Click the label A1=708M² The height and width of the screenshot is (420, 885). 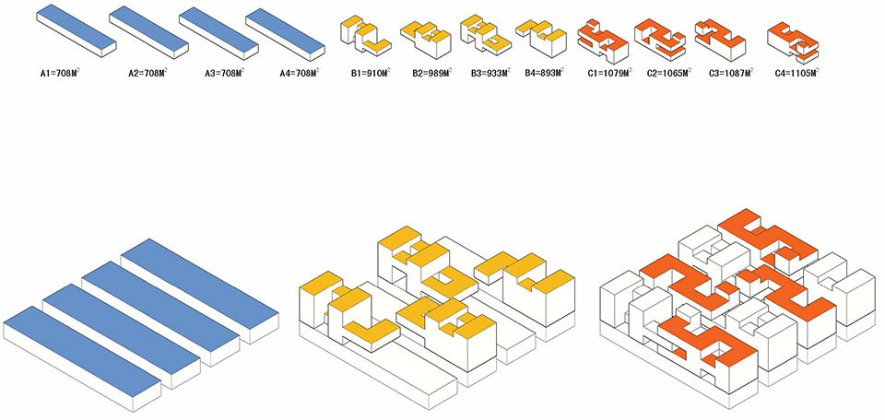pos(60,73)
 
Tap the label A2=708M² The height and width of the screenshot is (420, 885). pos(147,73)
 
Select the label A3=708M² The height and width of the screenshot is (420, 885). pos(225,73)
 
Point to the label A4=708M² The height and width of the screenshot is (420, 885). pos(300,73)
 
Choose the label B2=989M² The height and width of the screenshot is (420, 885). pos(431,73)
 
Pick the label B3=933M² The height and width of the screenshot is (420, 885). pos(490,73)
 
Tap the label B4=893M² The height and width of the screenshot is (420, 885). pos(544,73)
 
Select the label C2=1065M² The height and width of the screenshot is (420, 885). pos(669,73)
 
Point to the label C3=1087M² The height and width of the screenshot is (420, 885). pos(731,73)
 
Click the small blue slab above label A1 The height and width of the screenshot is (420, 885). pos(77,30)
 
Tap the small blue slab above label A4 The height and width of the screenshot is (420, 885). pos(285,34)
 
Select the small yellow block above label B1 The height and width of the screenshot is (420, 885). pos(365,37)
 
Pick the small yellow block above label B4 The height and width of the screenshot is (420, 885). pos(541,39)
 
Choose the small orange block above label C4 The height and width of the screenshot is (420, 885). pos(793,43)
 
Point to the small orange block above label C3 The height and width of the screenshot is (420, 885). pos(720,40)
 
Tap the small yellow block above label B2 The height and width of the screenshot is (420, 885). pos(426,40)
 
